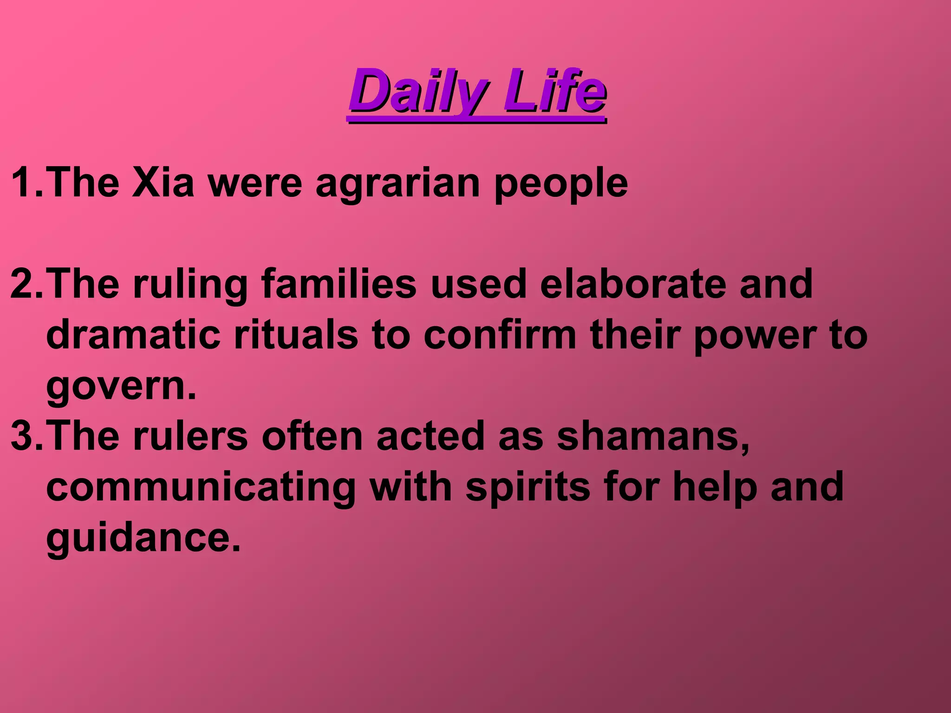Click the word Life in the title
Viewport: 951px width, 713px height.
[554, 91]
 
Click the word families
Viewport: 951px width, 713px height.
[339, 284]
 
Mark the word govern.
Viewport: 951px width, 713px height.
[121, 386]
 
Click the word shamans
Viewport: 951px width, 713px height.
[653, 436]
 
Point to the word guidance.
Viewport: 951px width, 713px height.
[143, 538]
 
